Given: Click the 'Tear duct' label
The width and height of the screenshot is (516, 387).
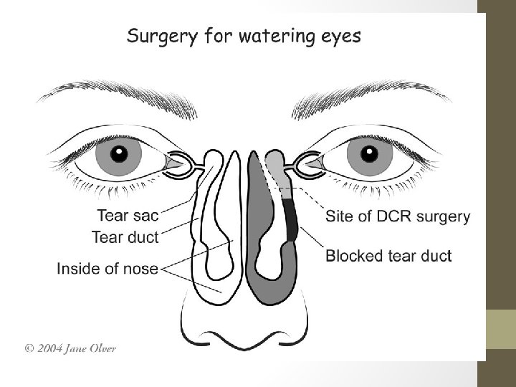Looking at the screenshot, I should (125, 234).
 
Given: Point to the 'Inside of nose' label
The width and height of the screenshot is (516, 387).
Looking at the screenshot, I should (108, 269).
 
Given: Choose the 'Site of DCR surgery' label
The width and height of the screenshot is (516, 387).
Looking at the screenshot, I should (398, 216).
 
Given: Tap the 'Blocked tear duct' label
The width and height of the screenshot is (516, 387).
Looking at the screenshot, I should (388, 255).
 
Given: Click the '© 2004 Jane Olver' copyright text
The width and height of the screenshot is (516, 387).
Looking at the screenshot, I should (70, 349).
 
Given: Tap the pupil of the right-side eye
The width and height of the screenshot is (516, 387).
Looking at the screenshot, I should (370, 154).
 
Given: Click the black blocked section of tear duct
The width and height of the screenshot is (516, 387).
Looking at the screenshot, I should (291, 219).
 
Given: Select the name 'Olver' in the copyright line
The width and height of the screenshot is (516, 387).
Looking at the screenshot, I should (101, 349).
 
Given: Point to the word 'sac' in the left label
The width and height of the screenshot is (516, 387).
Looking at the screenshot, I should (145, 214).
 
